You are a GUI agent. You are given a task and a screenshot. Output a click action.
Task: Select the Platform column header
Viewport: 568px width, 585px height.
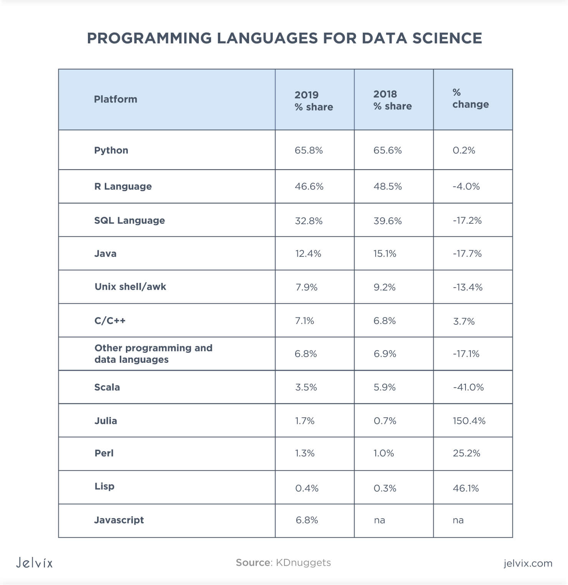coord(116,99)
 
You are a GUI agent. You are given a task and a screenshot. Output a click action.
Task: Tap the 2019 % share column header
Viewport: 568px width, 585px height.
coord(314,101)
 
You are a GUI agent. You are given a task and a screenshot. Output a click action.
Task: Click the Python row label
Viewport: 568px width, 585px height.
coord(111,150)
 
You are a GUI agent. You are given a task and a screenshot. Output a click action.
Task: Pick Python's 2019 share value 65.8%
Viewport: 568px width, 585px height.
coord(309,150)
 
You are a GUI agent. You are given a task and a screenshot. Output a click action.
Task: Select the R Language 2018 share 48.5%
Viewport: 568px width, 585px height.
coord(388,186)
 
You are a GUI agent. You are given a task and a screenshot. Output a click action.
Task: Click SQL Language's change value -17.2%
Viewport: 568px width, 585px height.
coord(467,220)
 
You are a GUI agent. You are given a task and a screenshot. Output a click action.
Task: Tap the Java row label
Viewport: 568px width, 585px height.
coord(106,253)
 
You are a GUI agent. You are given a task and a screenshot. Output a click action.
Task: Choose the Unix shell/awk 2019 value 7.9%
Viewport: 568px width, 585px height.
coord(306,287)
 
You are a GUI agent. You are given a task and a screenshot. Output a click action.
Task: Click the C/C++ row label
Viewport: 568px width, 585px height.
coord(110,321)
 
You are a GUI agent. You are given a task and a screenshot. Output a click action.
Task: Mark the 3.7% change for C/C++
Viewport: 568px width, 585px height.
coord(464,321)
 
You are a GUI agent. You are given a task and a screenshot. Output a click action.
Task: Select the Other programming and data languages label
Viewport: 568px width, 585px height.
coord(153,354)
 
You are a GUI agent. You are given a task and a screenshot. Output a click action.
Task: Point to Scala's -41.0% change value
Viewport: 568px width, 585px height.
coord(468,387)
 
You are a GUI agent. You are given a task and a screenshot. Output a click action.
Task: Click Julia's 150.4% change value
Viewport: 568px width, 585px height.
coord(469,421)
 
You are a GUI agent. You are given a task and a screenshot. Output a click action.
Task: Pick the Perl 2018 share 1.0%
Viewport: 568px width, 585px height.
coord(384,453)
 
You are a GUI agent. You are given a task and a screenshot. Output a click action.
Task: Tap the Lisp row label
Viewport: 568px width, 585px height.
coord(104,486)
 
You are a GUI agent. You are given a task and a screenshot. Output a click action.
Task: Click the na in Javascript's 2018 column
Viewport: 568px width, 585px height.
coord(379,520)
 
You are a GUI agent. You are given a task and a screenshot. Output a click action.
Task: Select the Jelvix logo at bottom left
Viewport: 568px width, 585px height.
coord(34,563)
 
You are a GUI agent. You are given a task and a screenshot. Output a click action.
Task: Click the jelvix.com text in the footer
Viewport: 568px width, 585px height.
coord(528,563)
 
